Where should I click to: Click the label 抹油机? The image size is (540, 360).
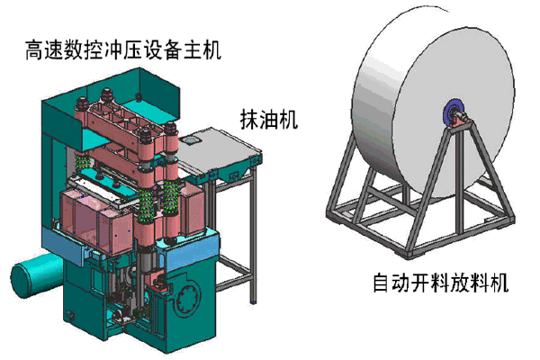tap(268, 120)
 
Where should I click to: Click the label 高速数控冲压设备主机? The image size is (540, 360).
tap(123, 50)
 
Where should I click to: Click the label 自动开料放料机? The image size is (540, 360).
tap(441, 283)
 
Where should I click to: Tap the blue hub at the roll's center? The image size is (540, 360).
tap(453, 114)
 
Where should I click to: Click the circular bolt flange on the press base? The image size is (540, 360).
tap(187, 297)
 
